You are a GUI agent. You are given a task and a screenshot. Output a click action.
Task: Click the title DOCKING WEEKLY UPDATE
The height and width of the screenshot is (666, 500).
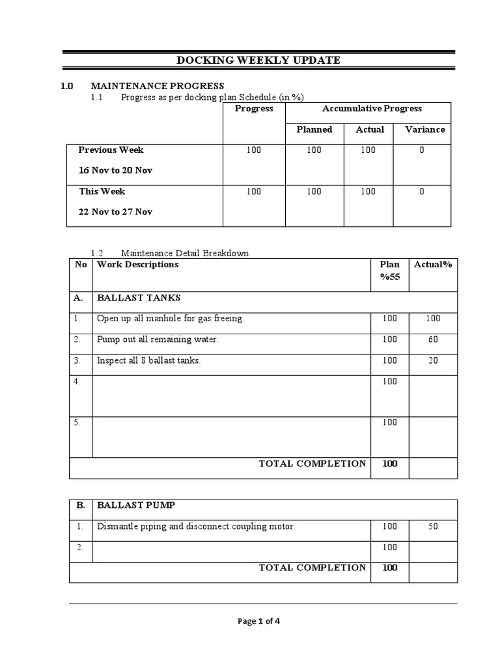258,60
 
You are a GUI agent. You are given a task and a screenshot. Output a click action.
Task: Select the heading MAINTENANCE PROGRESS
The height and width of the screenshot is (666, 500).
157,86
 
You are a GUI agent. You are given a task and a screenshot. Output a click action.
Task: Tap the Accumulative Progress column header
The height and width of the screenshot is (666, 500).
372,109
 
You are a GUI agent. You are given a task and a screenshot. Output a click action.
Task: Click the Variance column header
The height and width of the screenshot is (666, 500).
425,129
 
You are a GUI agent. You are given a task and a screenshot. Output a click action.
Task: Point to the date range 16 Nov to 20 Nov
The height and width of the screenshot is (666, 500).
115,170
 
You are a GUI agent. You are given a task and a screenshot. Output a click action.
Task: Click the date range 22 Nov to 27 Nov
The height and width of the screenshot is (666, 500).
115,212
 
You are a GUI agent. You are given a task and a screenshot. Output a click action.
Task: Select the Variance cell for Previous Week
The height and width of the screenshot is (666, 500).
422,150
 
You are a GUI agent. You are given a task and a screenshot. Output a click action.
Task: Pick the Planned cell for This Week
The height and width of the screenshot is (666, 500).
314,192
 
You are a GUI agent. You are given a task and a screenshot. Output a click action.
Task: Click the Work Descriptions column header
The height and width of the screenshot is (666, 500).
137,265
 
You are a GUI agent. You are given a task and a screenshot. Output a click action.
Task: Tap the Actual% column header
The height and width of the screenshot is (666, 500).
433,265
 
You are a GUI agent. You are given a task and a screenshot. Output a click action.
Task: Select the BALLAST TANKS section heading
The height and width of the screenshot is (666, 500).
139,298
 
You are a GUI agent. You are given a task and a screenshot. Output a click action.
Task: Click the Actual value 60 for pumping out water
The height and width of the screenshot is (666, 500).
433,340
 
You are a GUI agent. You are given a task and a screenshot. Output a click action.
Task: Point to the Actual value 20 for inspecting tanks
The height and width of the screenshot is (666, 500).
433,360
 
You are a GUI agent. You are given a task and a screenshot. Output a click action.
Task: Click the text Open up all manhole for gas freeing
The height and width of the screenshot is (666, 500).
170,319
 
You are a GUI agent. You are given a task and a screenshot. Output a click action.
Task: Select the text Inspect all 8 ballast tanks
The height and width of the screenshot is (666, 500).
148,360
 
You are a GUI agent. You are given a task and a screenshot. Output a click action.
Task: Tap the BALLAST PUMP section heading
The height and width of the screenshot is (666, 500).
136,505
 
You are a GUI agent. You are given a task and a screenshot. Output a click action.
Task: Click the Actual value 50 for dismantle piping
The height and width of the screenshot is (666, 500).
433,526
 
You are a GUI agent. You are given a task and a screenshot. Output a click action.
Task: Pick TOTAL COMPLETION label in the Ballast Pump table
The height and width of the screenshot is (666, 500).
312,568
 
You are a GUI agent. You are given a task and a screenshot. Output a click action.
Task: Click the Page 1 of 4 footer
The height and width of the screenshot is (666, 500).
259,621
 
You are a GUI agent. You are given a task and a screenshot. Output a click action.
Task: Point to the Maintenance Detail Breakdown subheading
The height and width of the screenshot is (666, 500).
185,253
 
